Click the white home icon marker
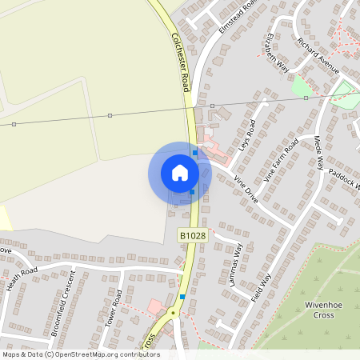tap(180, 172)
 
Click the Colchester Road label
tap(182, 60)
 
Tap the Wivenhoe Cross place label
tap(323, 310)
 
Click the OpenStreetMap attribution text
tap(80, 354)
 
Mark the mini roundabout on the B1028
tap(171, 313)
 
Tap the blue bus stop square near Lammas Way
tap(183, 297)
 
